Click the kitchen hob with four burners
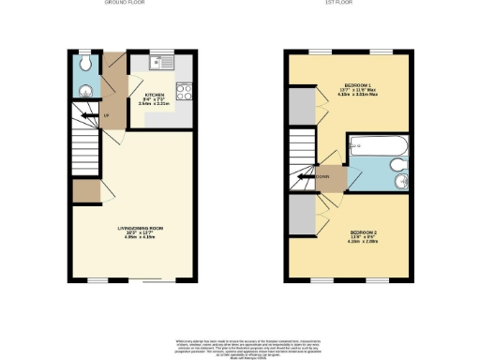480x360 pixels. (x=184, y=93)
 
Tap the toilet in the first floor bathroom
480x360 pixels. (x=399, y=170)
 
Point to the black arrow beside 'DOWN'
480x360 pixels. (x=308, y=175)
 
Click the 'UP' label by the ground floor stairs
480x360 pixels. (x=106, y=115)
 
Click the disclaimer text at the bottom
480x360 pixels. (x=239, y=348)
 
